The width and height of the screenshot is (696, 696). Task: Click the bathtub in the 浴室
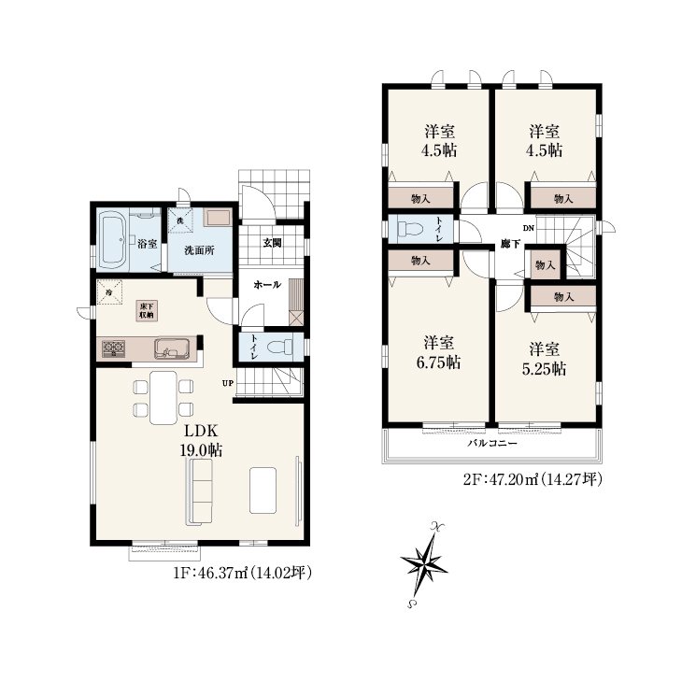click(x=113, y=240)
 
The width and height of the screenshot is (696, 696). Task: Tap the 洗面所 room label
click(x=199, y=250)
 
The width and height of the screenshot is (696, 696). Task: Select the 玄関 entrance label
click(x=272, y=243)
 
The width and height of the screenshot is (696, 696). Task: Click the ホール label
click(x=267, y=285)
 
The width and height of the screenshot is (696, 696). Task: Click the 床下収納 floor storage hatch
click(x=147, y=311)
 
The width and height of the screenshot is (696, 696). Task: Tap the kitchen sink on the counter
click(x=172, y=348)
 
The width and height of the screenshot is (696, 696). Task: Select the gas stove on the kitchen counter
click(x=113, y=348)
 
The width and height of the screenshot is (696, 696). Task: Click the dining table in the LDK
click(x=163, y=398)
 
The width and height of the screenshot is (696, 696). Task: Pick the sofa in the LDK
click(x=200, y=492)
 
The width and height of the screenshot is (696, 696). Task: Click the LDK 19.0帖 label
click(x=201, y=441)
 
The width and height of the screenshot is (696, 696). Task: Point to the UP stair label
click(x=228, y=383)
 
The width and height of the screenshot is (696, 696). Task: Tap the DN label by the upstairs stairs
click(x=529, y=228)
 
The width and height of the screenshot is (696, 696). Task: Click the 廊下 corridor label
click(x=510, y=244)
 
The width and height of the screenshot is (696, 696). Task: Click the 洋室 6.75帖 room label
click(x=438, y=353)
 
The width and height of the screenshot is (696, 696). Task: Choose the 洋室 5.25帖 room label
click(x=545, y=359)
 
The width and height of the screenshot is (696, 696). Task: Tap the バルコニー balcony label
click(x=492, y=443)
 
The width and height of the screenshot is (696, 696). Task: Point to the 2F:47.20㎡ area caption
click(x=533, y=480)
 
